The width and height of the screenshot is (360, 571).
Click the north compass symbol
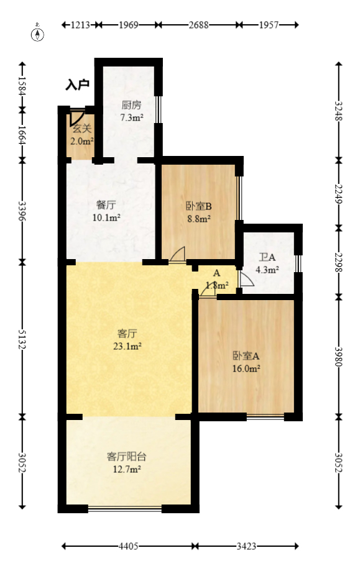click(38, 33)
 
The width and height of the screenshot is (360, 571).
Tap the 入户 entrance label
click(78, 85)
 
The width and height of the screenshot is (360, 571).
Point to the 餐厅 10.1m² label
click(106, 210)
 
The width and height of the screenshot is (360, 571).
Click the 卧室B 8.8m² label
click(199, 212)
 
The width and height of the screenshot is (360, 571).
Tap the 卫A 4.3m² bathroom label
click(267, 263)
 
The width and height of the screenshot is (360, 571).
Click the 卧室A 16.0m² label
click(246, 362)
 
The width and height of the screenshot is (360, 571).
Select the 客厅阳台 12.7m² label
click(127, 462)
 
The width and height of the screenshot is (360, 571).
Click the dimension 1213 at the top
click(80, 25)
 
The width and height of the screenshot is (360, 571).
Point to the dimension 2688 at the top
click(198, 25)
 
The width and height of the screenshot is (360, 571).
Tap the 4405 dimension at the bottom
click(129, 547)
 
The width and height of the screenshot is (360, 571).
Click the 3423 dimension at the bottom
click(247, 547)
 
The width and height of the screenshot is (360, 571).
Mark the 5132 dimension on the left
click(23, 339)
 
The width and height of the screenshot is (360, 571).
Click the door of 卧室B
click(177, 255)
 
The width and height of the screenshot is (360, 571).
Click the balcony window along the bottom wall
click(124, 509)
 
